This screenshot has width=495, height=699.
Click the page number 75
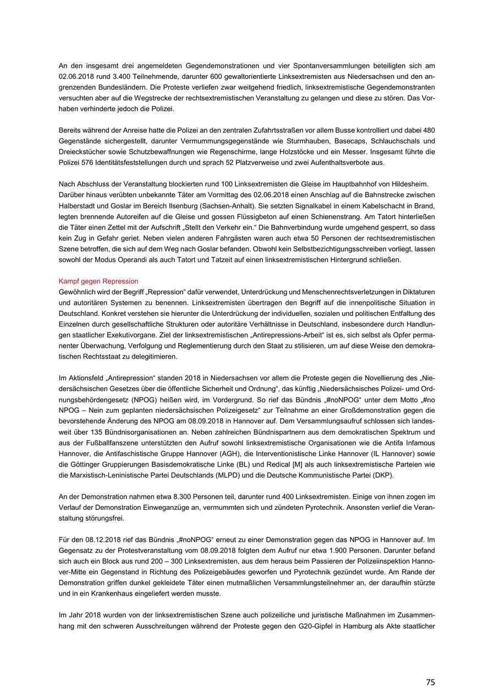point(430,682)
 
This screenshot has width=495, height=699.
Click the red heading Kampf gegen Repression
point(98,281)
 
